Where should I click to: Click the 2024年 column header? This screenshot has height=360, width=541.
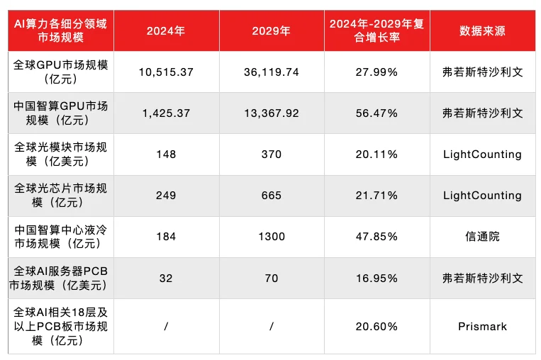coord(166,30)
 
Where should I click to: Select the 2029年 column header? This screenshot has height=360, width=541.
coord(271,30)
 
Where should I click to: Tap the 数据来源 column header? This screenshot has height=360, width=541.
coord(482,30)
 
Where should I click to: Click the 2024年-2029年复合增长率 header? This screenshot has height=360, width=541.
coord(377,30)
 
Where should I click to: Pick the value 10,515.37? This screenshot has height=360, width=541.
coord(166,72)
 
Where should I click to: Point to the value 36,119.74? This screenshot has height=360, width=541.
coord(271,72)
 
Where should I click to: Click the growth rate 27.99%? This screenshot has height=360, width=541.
coord(377,72)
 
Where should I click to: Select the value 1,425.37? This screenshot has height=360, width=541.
coord(166,113)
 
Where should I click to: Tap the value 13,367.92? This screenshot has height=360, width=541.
coord(271,113)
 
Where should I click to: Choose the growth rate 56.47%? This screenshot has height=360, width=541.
coord(377,113)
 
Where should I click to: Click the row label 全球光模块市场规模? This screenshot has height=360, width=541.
coord(61,154)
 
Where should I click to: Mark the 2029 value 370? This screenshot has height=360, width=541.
coord(271,154)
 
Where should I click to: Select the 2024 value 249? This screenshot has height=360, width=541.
coord(166,195)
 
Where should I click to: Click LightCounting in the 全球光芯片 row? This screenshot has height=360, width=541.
coord(482,195)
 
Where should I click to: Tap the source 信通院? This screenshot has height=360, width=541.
coord(482,236)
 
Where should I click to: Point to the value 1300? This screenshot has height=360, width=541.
coord(271,236)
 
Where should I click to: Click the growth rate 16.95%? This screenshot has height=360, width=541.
coord(377,278)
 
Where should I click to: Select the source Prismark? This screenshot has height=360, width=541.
coord(482,326)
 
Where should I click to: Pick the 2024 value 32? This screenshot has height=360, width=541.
coord(166,278)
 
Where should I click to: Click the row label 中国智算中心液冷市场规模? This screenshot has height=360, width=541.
coord(61,236)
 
